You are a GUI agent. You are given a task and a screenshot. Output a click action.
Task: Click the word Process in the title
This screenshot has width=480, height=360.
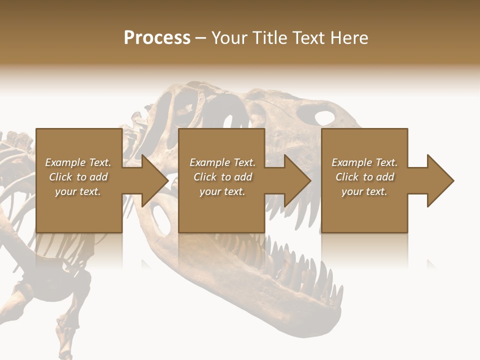157,38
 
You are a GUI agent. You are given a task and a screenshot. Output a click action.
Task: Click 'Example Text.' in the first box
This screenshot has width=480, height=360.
78,162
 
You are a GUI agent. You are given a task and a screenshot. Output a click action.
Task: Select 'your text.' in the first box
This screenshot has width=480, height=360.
78,191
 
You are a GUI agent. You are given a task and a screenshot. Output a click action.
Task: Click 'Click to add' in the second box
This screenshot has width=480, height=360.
222,177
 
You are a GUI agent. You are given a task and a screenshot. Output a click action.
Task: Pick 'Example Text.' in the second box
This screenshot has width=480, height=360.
222,162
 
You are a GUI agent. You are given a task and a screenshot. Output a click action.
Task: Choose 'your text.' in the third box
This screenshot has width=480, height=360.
364,191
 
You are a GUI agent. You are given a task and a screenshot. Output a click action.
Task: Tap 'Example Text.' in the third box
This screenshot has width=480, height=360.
364,162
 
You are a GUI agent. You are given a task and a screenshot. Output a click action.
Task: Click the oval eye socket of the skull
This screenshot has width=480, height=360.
324,118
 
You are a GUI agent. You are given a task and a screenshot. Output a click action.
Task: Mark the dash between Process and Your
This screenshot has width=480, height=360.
200,38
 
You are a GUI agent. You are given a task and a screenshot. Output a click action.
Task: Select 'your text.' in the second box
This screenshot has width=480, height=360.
222,191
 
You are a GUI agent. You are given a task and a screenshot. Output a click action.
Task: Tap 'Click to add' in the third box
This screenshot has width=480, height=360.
364,177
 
